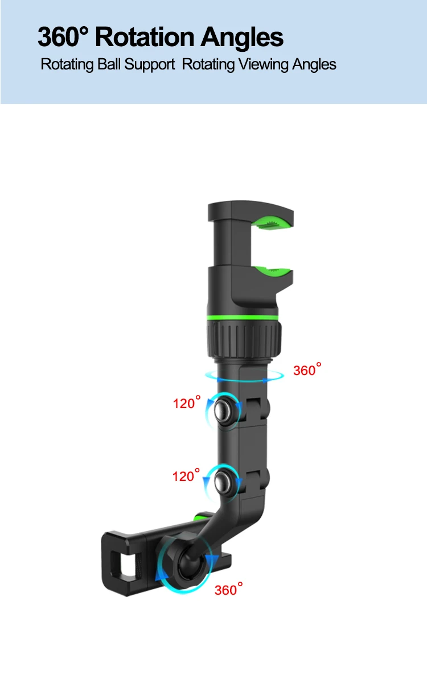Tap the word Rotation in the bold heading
(146, 38)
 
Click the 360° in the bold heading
(64, 38)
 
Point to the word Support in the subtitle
(149, 65)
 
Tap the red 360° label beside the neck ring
(306, 371)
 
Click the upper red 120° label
(186, 404)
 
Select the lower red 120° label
(186, 476)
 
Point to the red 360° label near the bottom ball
(228, 590)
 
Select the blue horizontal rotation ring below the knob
(245, 375)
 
